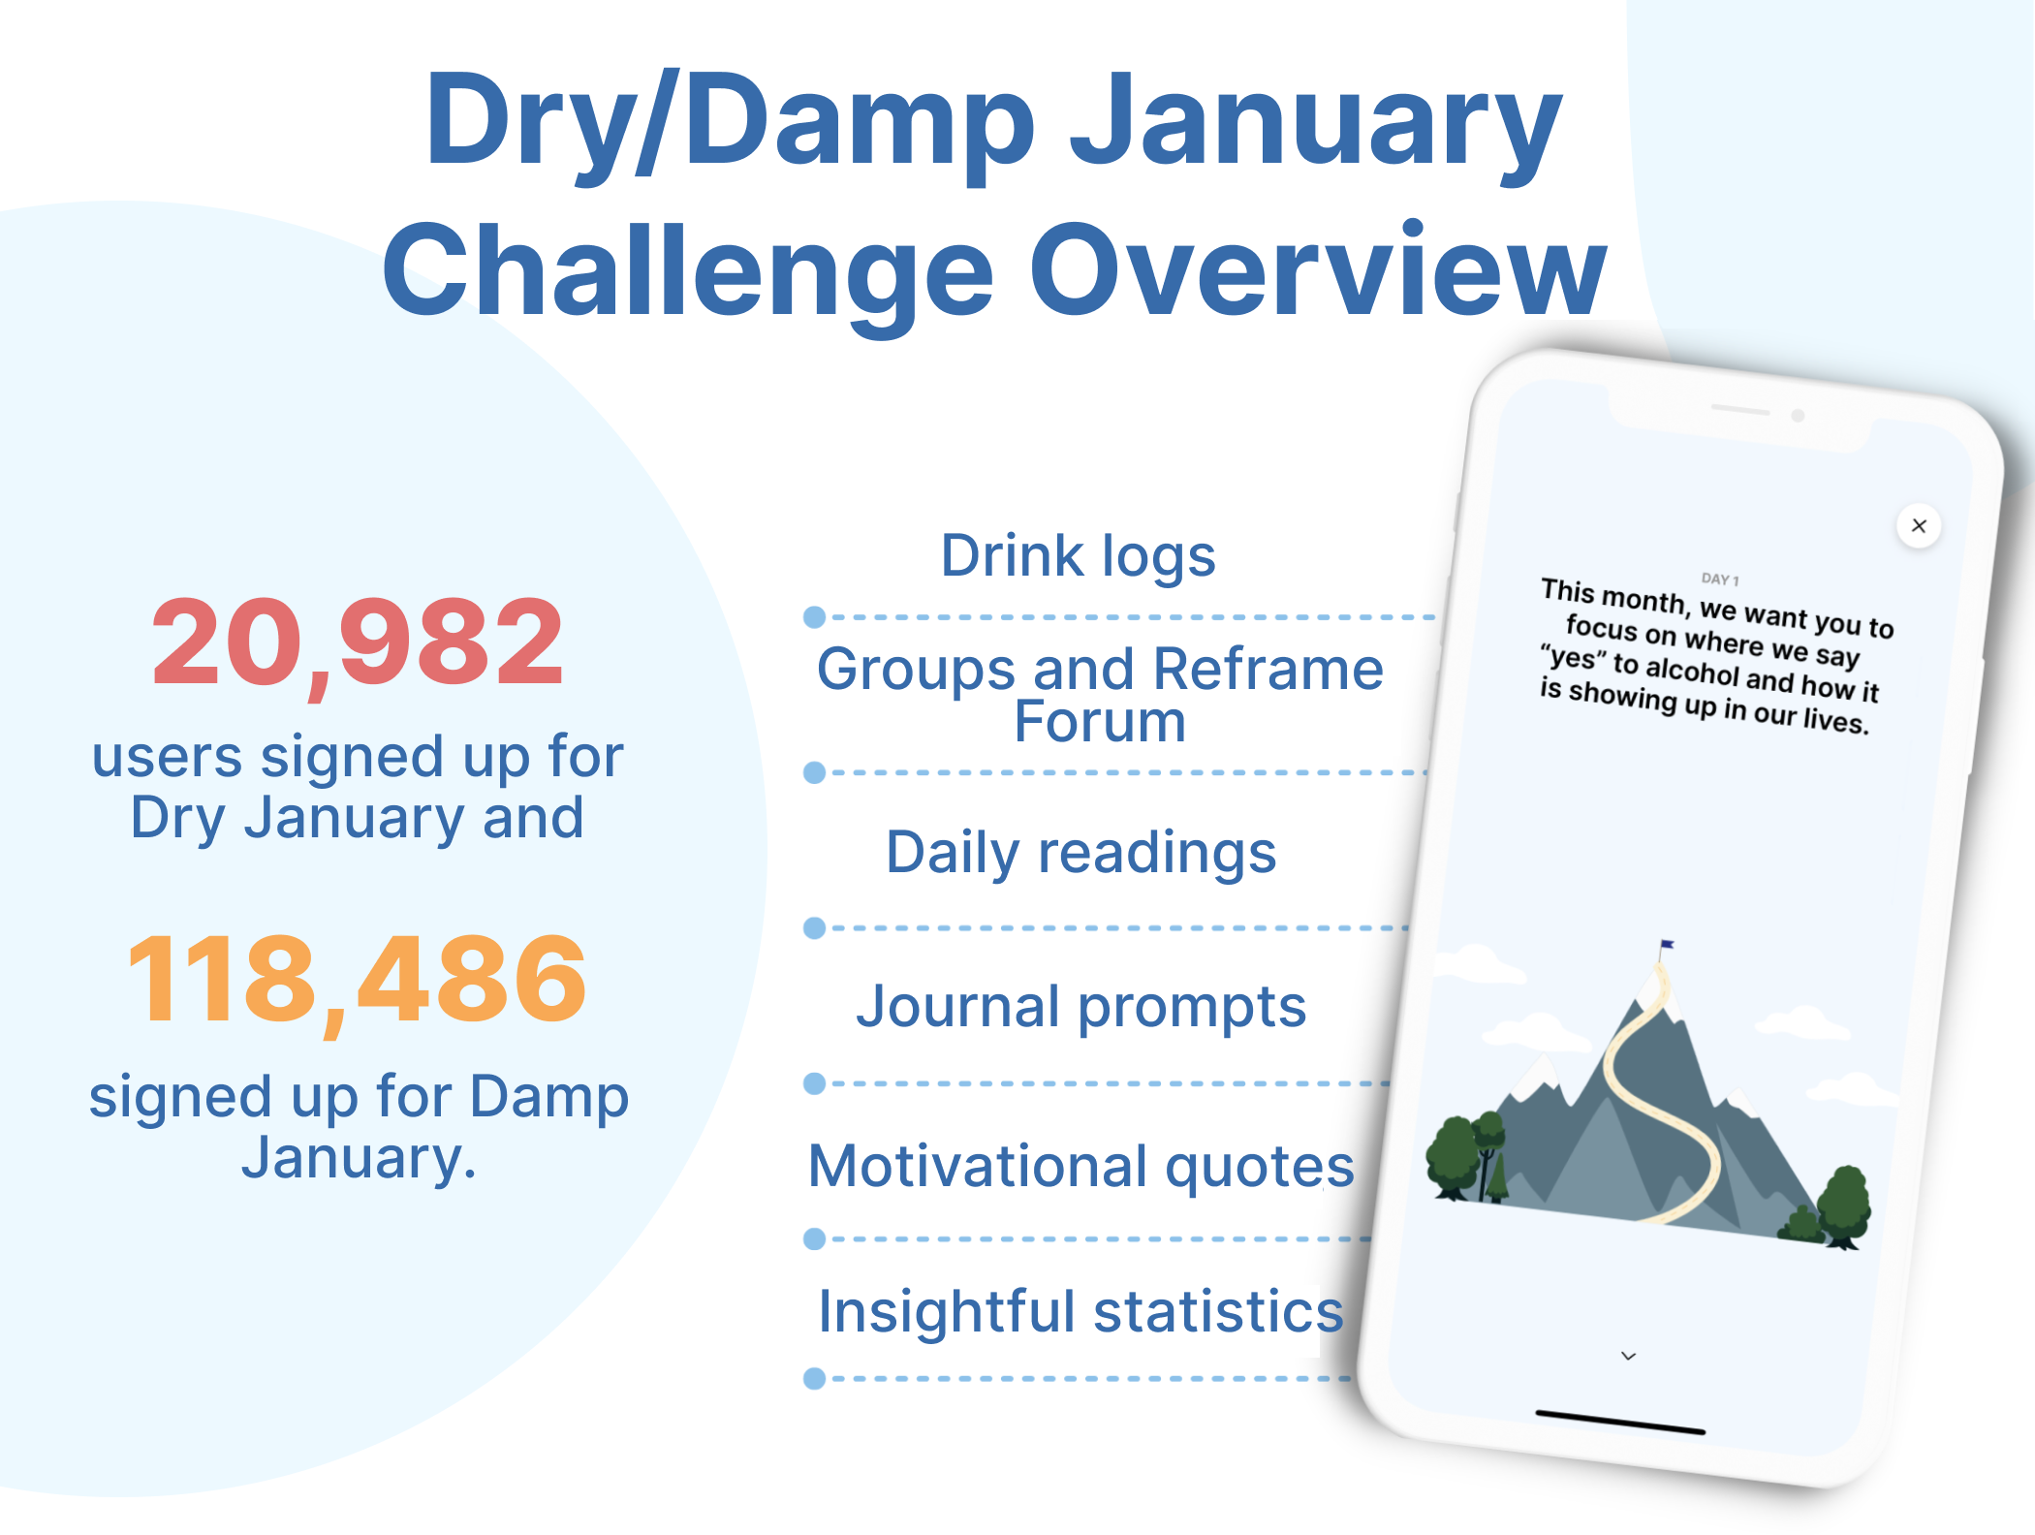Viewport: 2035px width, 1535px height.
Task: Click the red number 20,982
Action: pyautogui.click(x=358, y=642)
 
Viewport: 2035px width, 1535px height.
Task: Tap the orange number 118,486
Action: pyautogui.click(x=357, y=978)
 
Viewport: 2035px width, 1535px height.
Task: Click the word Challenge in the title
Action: pyautogui.click(x=688, y=270)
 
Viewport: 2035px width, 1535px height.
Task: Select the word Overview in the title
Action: pyautogui.click(x=1318, y=270)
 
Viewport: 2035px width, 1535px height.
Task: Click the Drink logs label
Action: pyautogui.click(x=1078, y=556)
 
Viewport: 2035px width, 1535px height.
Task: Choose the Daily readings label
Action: pyautogui.click(x=1080, y=853)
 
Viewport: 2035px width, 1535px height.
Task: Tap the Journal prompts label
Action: pyautogui.click(x=1080, y=1006)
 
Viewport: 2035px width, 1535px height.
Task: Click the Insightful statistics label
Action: pyautogui.click(x=1080, y=1311)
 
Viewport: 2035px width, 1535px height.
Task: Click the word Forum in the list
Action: pyautogui.click(x=1100, y=722)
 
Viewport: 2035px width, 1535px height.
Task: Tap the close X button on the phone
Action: pyautogui.click(x=1919, y=526)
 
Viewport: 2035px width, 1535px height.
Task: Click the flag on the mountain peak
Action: pyautogui.click(x=1667, y=944)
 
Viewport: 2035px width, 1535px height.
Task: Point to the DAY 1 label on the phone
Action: pyautogui.click(x=1720, y=580)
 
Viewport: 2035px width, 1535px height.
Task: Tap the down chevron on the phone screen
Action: pyautogui.click(x=1629, y=1356)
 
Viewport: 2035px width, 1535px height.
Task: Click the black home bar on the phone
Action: pyautogui.click(x=1620, y=1423)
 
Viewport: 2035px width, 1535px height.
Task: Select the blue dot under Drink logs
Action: pyautogui.click(x=815, y=617)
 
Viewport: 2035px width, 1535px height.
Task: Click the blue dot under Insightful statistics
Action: pyautogui.click(x=815, y=1378)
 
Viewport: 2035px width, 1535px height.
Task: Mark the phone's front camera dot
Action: pyautogui.click(x=1798, y=416)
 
